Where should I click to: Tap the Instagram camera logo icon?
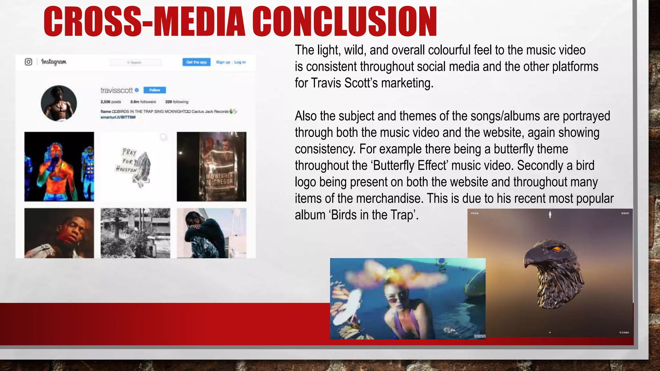pos(28,62)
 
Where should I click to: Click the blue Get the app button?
pos(196,62)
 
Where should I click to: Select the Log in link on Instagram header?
pos(240,62)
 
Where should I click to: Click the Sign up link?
pos(223,62)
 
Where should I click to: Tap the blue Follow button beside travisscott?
pos(155,90)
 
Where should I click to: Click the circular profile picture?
pos(59,103)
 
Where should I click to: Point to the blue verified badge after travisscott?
pos(137,90)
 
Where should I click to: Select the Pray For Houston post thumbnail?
pos(135,166)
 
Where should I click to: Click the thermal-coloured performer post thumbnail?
pos(59,166)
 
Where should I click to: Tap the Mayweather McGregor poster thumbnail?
pos(212,166)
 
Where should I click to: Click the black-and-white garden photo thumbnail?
pos(135,233)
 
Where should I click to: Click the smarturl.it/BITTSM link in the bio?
pos(118,117)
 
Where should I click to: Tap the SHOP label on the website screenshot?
pos(625,213)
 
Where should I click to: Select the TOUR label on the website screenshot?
pos(475,213)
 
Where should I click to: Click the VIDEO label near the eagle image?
pos(624,332)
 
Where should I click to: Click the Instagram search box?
pos(135,62)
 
